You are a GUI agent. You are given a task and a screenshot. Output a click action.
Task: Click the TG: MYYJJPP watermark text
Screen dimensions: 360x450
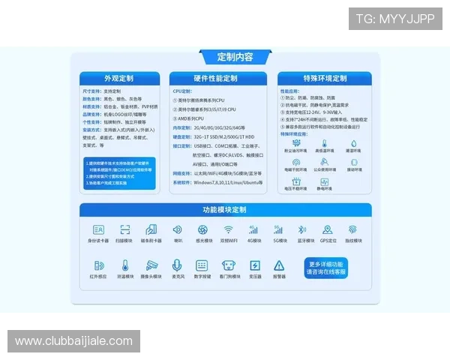pyautogui.click(x=395, y=19)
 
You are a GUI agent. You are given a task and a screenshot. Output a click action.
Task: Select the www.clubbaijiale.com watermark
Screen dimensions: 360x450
pyautogui.click(x=75, y=341)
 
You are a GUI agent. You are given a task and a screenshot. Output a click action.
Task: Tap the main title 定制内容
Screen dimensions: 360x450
pyautogui.click(x=235, y=57)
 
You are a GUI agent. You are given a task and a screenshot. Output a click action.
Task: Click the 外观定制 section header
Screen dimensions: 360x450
pyautogui.click(x=119, y=78)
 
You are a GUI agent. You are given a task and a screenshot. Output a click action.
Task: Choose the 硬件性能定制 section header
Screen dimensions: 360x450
pyautogui.click(x=215, y=78)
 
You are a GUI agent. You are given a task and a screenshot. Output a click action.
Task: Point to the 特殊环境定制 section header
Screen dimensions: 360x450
pyautogui.click(x=325, y=78)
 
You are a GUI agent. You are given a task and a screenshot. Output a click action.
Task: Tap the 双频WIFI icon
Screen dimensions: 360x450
pyautogui.click(x=229, y=229)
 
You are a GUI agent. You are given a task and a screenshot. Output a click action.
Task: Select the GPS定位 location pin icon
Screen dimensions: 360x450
pyautogui.click(x=328, y=229)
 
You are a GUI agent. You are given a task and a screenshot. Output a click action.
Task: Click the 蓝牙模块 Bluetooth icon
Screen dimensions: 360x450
pyautogui.click(x=302, y=229)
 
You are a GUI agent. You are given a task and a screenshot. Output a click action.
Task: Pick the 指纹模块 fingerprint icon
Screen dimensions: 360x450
pyautogui.click(x=352, y=229)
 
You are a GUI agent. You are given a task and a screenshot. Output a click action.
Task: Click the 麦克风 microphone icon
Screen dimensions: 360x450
pyautogui.click(x=177, y=265)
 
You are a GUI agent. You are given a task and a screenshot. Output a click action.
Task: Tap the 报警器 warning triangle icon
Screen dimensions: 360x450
pyautogui.click(x=279, y=265)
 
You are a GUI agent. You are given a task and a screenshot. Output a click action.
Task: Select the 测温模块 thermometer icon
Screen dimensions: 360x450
pyautogui.click(x=125, y=265)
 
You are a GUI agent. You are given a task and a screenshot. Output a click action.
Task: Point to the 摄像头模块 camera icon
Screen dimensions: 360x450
pyautogui.click(x=152, y=265)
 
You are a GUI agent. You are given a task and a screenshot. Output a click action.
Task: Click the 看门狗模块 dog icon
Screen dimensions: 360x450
pyautogui.click(x=229, y=265)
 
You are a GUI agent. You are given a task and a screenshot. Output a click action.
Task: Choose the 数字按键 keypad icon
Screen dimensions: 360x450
pyautogui.click(x=202, y=265)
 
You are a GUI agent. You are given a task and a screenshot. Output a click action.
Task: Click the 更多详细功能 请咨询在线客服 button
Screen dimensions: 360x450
pyautogui.click(x=326, y=268)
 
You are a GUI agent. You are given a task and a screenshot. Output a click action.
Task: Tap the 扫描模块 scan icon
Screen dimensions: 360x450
pyautogui.click(x=125, y=229)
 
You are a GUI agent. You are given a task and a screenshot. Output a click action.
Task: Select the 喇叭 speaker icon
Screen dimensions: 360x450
pyautogui.click(x=178, y=229)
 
